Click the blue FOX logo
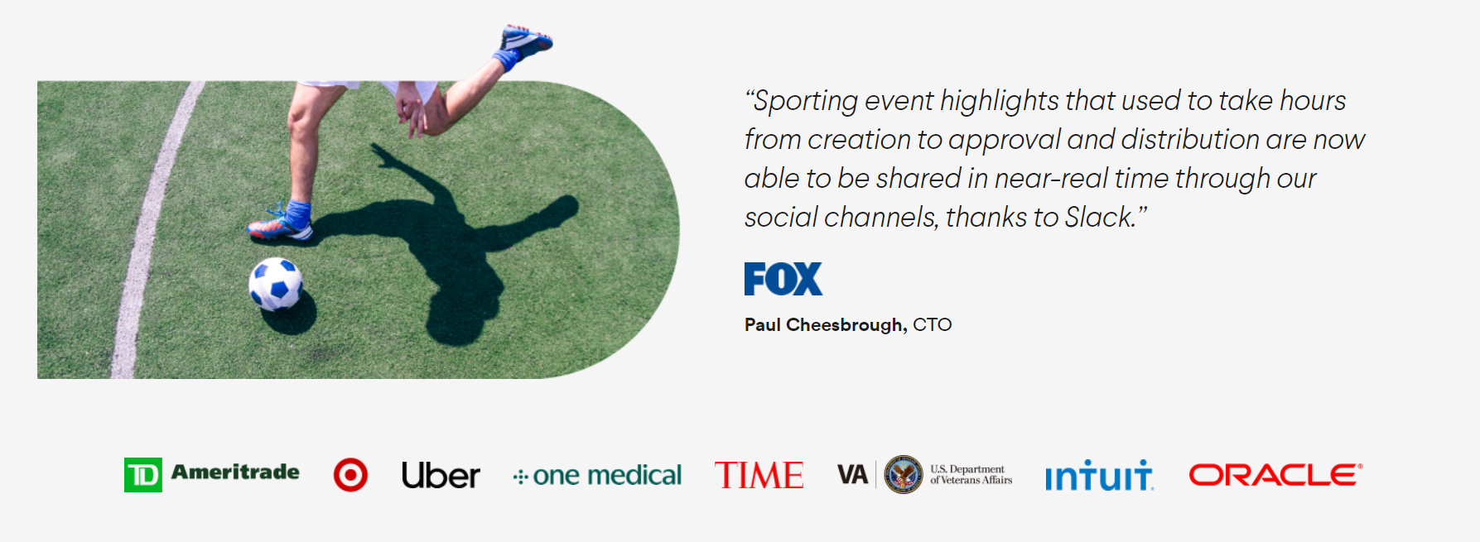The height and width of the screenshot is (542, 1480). click(783, 279)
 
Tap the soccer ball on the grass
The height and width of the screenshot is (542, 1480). click(276, 284)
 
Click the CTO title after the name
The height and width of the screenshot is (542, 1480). click(933, 324)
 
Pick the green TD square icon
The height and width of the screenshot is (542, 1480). click(143, 475)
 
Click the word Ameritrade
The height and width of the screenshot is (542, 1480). click(235, 472)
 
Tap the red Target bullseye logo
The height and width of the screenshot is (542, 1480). click(350, 475)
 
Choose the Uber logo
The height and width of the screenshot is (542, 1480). click(441, 475)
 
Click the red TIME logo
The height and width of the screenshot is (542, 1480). click(759, 475)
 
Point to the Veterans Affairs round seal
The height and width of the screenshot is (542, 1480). click(904, 475)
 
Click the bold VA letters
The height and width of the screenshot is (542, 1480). click(852, 475)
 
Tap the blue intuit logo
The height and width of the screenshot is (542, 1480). click(1098, 475)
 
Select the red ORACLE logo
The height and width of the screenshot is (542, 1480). click(1275, 475)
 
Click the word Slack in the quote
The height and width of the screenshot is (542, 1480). click(1098, 217)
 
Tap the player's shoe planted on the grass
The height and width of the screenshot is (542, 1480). click(280, 225)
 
